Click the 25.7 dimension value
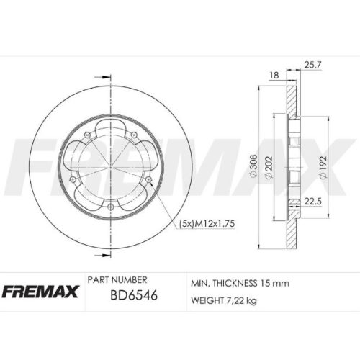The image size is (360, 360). click(312, 65)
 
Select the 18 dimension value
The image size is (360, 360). click(274, 75)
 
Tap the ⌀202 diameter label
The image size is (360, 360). click(269, 167)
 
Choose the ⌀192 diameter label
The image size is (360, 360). click(323, 167)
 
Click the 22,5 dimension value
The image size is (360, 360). click(312, 201)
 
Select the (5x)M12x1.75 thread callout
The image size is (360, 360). click(207, 224)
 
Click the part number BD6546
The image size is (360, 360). click(134, 294)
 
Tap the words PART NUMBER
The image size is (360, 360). click(117, 280)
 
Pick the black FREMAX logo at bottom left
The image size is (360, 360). click(40, 292)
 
